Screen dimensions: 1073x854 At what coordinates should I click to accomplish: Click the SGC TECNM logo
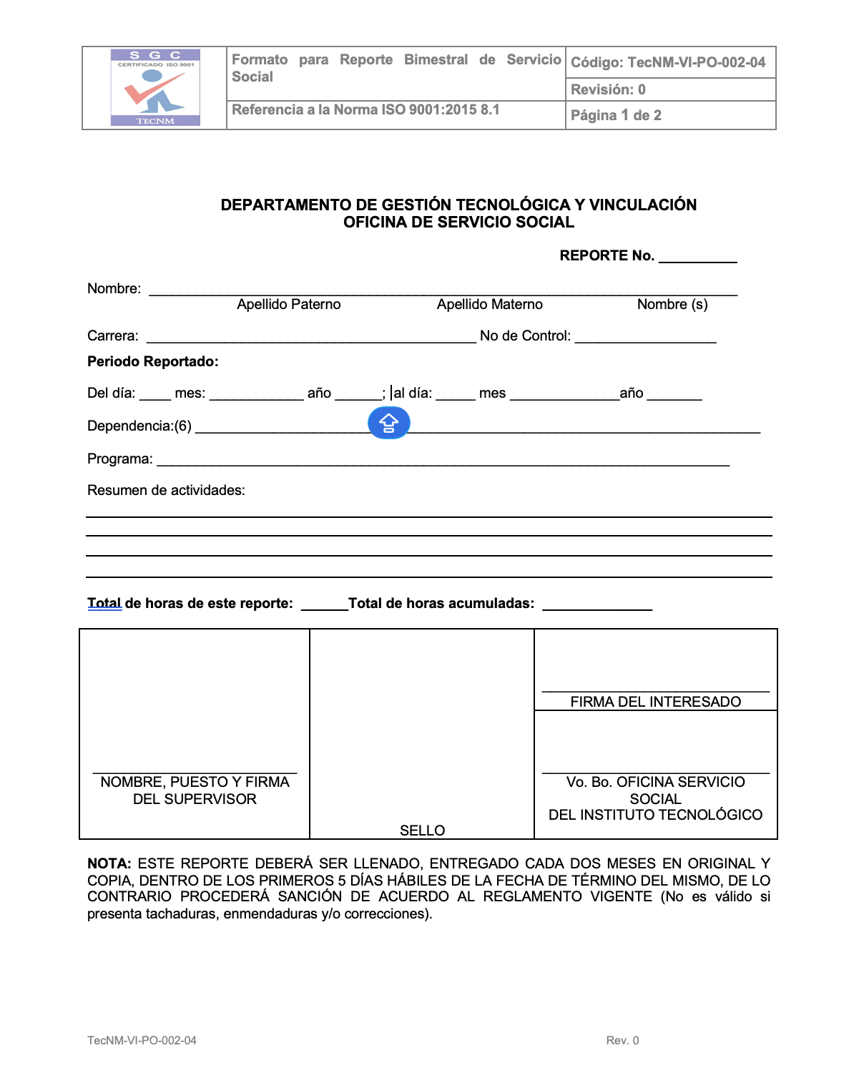(x=155, y=87)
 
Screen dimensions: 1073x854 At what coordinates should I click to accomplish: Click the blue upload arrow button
(x=388, y=423)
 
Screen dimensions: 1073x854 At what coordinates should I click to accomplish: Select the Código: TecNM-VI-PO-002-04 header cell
(x=670, y=62)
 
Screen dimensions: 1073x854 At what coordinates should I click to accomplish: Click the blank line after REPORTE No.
(x=697, y=259)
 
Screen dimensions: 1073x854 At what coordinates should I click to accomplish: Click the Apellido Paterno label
(x=289, y=305)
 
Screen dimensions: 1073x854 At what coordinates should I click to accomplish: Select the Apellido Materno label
(x=490, y=305)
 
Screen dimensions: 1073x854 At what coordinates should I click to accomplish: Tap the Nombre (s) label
(x=672, y=305)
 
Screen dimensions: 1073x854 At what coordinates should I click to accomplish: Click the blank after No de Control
(x=645, y=339)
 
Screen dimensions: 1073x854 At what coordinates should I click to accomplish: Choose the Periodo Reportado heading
(x=153, y=362)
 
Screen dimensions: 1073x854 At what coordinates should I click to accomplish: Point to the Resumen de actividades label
(x=166, y=491)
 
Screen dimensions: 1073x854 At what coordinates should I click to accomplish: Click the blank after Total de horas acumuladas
(x=597, y=607)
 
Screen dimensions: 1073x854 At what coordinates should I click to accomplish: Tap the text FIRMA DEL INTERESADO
(x=655, y=702)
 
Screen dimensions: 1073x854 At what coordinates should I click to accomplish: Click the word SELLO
(x=422, y=831)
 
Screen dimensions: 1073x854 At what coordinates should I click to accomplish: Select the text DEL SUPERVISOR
(x=195, y=799)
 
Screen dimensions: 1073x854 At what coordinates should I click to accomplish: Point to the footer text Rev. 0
(x=622, y=1041)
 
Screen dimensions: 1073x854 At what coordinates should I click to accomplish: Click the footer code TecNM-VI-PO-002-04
(x=142, y=1041)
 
